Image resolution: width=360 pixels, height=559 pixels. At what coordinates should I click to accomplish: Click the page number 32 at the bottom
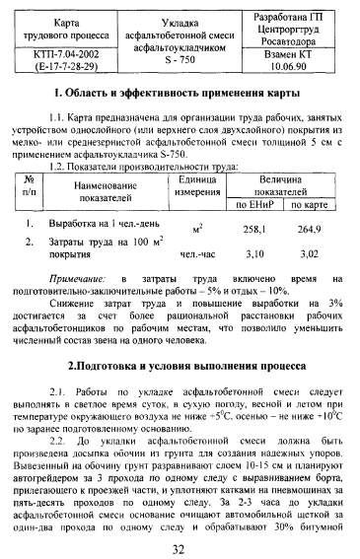click(179, 548)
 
